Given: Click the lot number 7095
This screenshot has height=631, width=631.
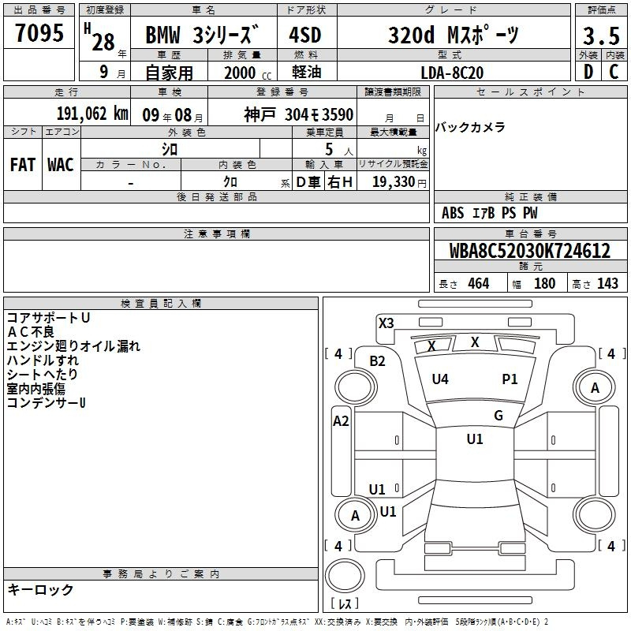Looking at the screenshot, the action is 39,33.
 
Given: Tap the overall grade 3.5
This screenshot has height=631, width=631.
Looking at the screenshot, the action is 601,35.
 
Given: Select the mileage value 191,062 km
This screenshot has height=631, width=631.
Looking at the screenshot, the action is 92,114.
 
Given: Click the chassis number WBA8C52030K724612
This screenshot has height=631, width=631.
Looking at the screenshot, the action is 530,251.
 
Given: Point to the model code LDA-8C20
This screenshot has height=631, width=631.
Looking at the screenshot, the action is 452,73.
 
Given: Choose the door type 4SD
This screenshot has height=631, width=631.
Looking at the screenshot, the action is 305,35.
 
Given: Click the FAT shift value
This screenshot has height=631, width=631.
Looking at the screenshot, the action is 23,165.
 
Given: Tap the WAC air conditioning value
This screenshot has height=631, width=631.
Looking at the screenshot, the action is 61,165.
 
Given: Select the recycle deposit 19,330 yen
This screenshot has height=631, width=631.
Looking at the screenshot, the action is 399,182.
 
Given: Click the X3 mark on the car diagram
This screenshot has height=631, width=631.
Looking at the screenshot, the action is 386,323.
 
